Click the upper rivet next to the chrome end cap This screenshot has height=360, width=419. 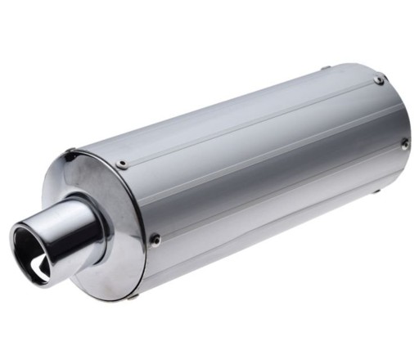tap(122, 164)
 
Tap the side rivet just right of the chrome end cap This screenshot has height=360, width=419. tap(154, 240)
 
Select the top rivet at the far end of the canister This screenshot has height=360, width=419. tap(379, 80)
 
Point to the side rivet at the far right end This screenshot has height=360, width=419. tap(404, 143)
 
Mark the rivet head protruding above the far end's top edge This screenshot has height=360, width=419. tap(327, 68)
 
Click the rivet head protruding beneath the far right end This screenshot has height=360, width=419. tap(376, 194)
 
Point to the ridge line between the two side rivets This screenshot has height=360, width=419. tap(278, 192)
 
